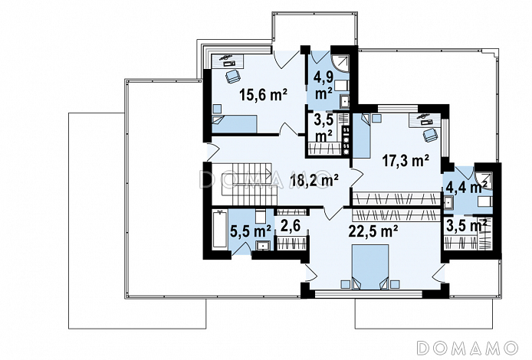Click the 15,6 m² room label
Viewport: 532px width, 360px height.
click(263, 95)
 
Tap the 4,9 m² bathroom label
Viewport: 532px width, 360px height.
click(323, 86)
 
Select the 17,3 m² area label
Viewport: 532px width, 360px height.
click(406, 160)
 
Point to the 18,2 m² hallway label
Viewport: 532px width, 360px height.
click(314, 181)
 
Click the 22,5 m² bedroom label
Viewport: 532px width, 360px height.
click(373, 232)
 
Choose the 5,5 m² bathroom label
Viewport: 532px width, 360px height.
click(251, 232)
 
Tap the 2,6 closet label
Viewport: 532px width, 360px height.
click(291, 227)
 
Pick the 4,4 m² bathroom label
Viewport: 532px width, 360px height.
click(467, 187)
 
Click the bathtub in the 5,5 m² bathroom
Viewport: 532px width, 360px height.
click(219, 230)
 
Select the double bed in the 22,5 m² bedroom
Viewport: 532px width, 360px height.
click(370, 267)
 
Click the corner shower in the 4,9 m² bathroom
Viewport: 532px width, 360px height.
click(340, 64)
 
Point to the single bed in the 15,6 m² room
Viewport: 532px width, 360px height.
click(234, 124)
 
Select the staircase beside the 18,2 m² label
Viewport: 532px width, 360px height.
click(246, 184)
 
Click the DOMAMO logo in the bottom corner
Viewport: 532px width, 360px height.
click(468, 348)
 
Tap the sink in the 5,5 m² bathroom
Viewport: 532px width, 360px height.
click(263, 245)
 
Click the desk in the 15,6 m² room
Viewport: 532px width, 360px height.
click(228, 61)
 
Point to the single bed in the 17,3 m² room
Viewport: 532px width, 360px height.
click(362, 136)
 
